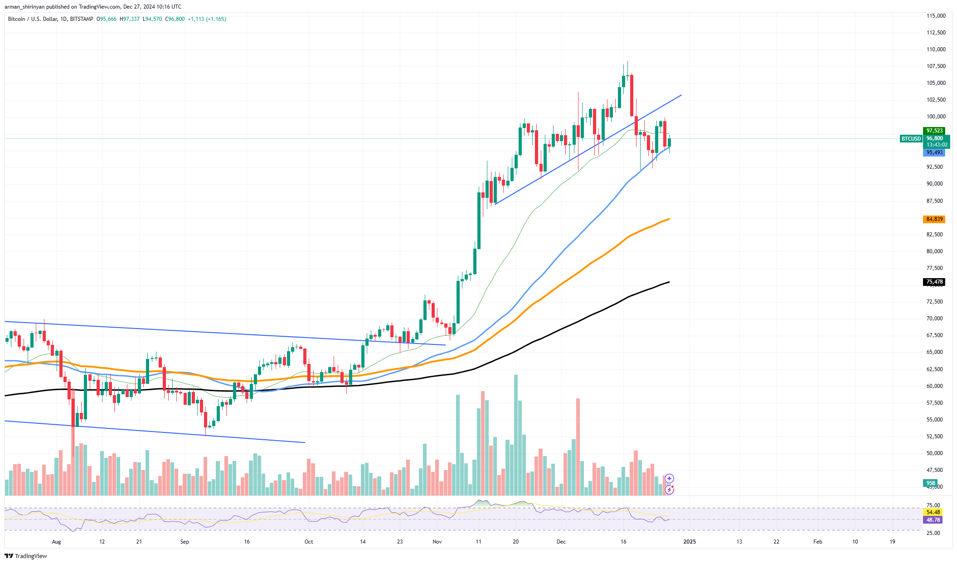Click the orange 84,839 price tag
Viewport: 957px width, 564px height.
click(934, 219)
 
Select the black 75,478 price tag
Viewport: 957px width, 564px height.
click(934, 282)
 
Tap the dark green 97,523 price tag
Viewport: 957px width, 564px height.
click(934, 131)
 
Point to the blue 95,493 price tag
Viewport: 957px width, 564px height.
click(934, 152)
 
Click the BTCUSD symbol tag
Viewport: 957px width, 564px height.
click(911, 138)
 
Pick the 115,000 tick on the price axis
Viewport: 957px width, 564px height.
click(936, 16)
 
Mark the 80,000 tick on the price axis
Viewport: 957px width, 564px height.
click(934, 251)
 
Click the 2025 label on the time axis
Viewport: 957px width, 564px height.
click(690, 541)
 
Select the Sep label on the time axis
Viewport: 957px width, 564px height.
click(185, 541)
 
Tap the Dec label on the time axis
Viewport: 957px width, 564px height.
click(561, 541)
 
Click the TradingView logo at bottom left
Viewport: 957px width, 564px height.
click(26, 556)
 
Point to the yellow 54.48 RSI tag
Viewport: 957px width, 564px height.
click(933, 512)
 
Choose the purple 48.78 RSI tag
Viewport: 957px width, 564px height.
click(933, 520)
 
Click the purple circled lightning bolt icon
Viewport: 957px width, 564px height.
click(670, 490)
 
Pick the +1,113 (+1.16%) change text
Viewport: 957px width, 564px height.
click(207, 19)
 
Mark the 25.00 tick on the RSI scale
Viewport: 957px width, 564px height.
click(933, 533)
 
